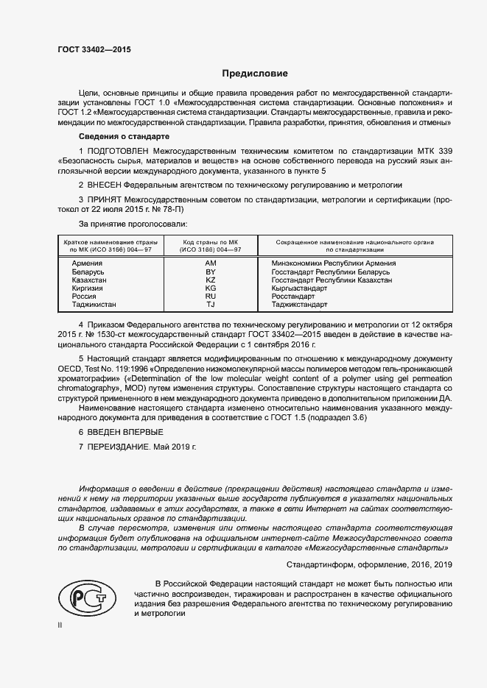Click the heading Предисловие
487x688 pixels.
[256, 74]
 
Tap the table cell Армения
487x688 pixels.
[87, 263]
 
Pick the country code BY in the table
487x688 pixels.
[210, 272]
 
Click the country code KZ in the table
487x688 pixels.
[210, 280]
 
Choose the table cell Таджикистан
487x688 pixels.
[94, 305]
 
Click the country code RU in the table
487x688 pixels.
[210, 297]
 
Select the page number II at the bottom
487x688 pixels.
[60, 625]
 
